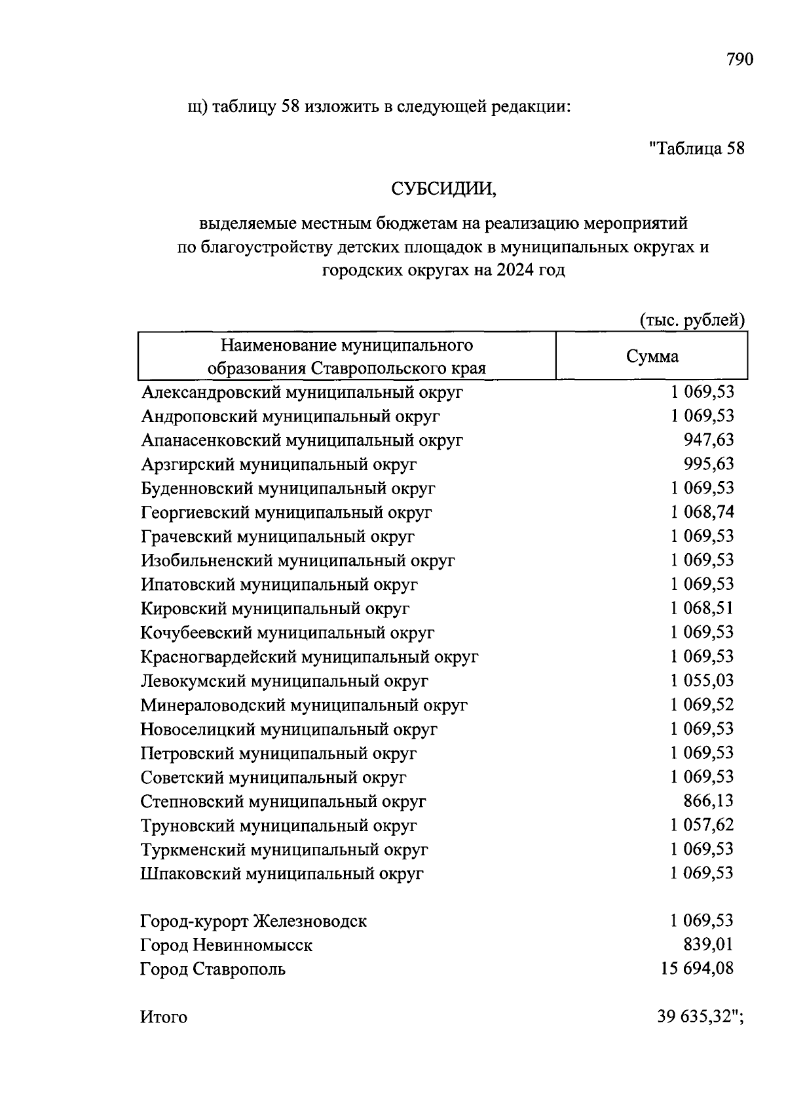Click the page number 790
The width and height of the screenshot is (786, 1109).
click(x=740, y=60)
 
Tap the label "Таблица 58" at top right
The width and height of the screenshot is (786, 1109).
click(x=697, y=148)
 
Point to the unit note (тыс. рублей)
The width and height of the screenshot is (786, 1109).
click(x=692, y=321)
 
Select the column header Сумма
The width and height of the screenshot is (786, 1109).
click(x=652, y=357)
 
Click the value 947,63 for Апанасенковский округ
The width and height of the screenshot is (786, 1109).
click(x=709, y=440)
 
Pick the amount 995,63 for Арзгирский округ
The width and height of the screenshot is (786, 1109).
click(x=709, y=464)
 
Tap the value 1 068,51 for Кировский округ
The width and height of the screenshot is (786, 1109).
click(x=702, y=608)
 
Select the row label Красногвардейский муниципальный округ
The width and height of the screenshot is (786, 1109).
click(x=309, y=657)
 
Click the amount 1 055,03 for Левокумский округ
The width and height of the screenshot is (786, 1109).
click(x=702, y=680)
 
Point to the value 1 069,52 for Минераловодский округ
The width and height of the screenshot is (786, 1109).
click(x=702, y=705)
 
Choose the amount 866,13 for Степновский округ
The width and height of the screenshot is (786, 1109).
click(x=709, y=801)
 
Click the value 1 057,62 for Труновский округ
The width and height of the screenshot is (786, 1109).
click(x=702, y=825)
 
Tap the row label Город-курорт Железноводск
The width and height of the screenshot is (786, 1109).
click(x=253, y=922)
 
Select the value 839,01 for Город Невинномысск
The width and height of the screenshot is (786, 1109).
click(x=709, y=945)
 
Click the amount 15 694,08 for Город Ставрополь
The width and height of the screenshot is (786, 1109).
click(x=698, y=969)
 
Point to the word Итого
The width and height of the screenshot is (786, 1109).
click(x=164, y=1017)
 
